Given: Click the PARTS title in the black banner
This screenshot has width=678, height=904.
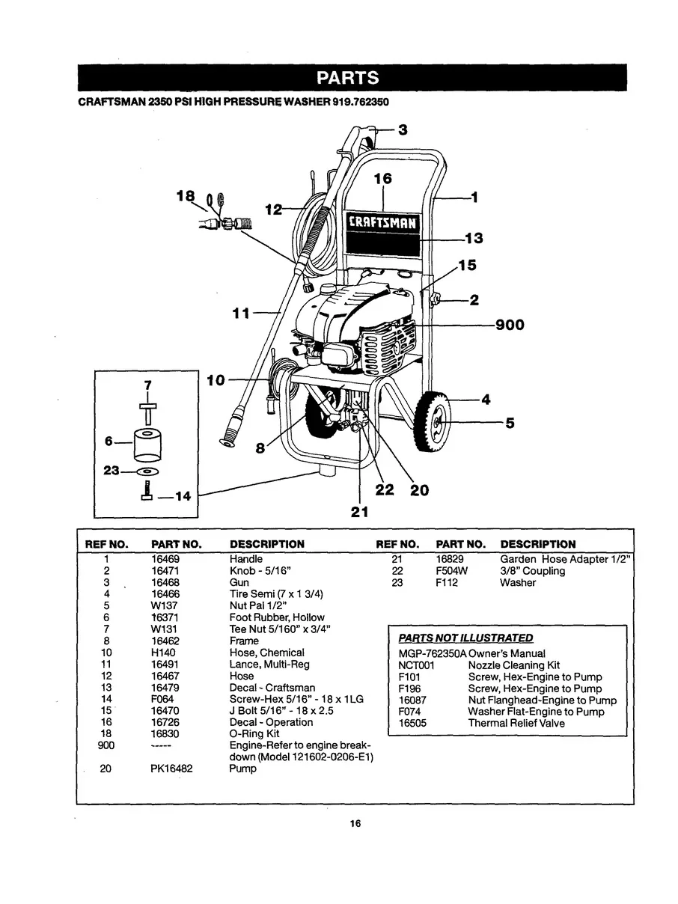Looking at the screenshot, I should click(346, 78).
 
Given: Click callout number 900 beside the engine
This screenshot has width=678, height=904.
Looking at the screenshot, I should click(509, 325).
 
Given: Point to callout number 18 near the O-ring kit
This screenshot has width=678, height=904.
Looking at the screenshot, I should click(184, 196).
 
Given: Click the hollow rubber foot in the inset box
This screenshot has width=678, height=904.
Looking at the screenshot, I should click(147, 445).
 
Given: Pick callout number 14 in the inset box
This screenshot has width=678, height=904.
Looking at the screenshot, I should click(178, 495).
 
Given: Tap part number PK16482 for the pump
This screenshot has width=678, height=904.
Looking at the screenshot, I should click(171, 769).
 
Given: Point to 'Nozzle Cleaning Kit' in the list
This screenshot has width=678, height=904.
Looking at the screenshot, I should click(513, 665).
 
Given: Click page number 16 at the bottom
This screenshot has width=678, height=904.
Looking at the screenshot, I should click(355, 824).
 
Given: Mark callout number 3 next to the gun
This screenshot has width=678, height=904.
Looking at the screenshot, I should click(403, 129).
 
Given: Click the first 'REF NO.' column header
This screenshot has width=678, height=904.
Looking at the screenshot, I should click(107, 544).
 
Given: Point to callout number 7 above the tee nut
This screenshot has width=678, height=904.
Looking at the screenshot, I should click(147, 384).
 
